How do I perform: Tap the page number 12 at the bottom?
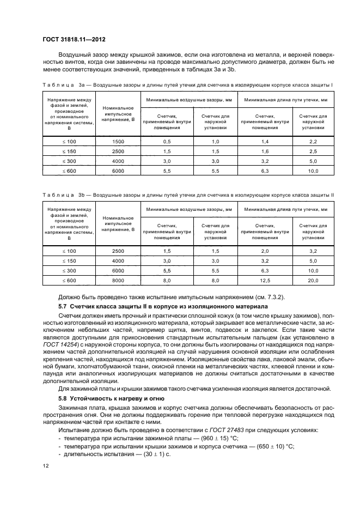coord(45,465)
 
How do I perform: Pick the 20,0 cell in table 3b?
coord(313,280)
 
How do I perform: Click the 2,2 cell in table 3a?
coord(313,141)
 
